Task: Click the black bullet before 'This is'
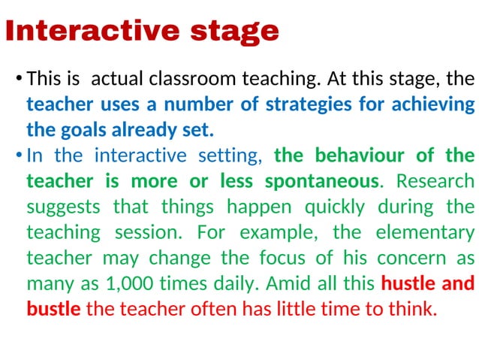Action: [x=17, y=78]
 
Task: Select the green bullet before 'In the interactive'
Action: [x=17, y=156]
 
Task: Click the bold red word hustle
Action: [x=410, y=283]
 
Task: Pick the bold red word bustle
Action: [x=53, y=309]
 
